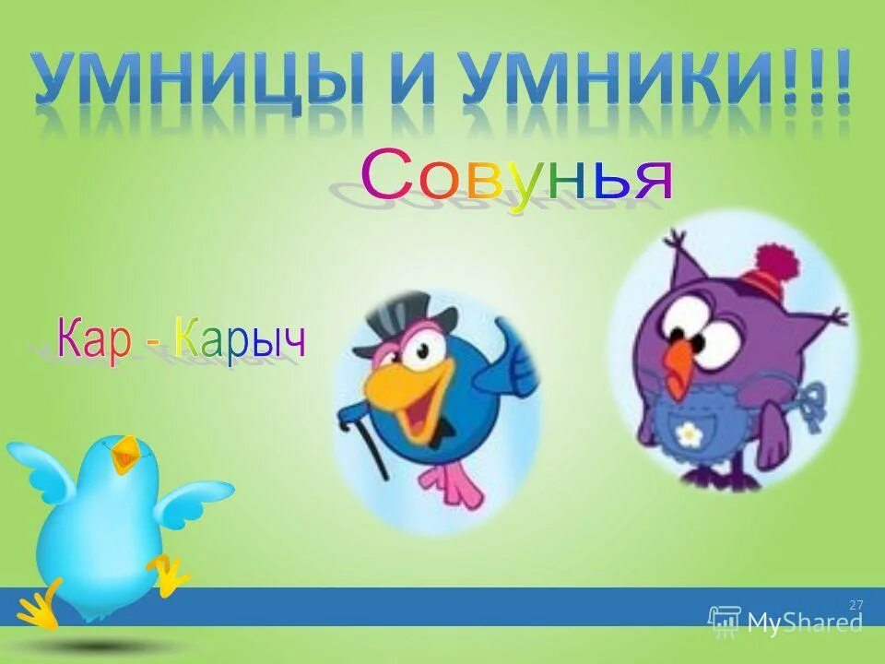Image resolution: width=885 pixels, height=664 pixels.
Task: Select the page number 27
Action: (856, 604)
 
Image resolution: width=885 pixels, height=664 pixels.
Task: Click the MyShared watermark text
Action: (805, 622)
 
